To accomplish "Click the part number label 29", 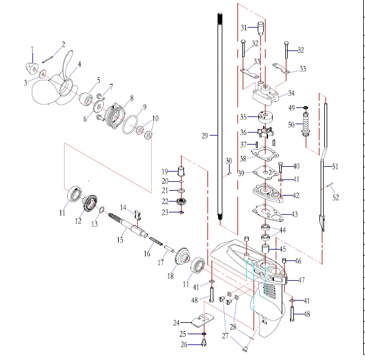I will (205, 136).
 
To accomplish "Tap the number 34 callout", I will (291, 94).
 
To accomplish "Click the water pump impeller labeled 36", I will (263, 132).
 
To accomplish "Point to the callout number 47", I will (301, 280).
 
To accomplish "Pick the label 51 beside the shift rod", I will (335, 166).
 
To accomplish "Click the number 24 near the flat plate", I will (177, 322).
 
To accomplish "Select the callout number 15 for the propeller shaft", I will (120, 239).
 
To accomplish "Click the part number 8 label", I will (131, 97).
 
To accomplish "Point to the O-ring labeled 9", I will (127, 127).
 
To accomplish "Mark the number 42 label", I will (295, 196).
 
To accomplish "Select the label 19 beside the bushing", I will (165, 172).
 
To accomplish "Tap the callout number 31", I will (244, 28).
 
